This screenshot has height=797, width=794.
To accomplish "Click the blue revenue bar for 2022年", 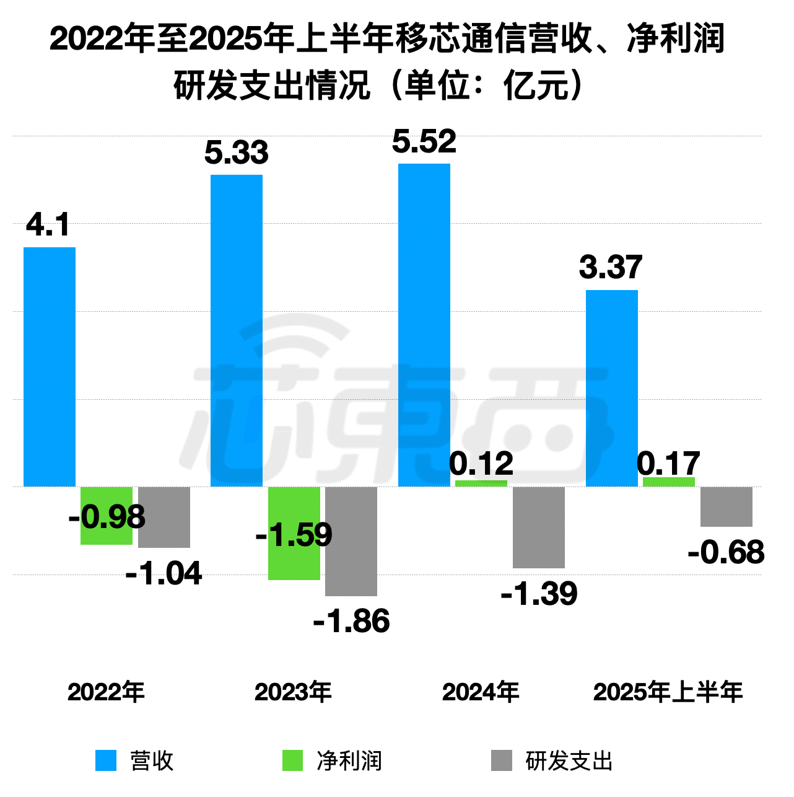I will pos(50,367).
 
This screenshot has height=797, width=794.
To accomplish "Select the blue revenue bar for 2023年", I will pos(237,330).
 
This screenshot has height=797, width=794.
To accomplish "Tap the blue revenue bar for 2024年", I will pos(424,325).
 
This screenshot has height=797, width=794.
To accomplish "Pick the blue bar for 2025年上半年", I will pos(612,388).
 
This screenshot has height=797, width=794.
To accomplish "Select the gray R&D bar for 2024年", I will pos(539,527).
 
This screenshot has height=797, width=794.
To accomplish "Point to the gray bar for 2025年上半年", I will pos(726,506).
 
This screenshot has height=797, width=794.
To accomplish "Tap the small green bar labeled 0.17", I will pos(669,482).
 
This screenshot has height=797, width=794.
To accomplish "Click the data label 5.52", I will pos(424,142).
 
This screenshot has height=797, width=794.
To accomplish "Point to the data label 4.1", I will pos(48,224).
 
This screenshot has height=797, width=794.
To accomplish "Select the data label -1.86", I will pos(352,621).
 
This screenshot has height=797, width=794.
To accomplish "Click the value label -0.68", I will pos(726,552).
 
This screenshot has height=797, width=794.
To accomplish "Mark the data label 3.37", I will pos(611,267).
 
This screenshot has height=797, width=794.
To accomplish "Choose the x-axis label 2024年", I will pos(481,692).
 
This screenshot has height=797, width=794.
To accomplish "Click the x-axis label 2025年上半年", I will pos(668,692).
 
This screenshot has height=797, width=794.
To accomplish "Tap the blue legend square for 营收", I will pos(106,760).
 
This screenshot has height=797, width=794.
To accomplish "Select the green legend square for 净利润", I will pos(293,760).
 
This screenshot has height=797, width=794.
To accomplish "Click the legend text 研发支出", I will pos(569,761).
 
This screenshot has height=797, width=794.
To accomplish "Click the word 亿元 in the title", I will pos(536,86).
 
